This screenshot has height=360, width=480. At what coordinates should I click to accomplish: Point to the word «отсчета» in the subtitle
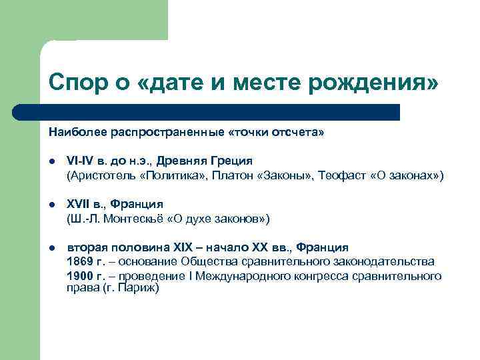click(x=301, y=132)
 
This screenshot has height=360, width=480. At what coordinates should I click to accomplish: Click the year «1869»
click(x=80, y=261)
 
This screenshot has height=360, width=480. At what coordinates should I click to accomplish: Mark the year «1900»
click(x=80, y=275)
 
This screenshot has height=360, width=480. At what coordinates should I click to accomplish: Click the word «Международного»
click(x=237, y=275)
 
